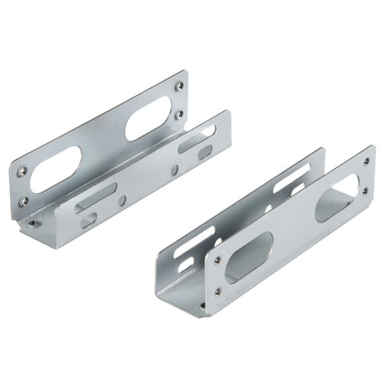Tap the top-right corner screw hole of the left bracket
(180, 85)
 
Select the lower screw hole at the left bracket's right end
(179, 114)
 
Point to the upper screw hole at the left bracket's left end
(23, 171)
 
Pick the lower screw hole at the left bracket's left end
(24, 200)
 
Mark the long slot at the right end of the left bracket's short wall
(196, 139)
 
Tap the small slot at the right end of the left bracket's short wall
(205, 152)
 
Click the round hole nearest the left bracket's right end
(175, 169)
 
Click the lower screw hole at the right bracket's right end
(365, 191)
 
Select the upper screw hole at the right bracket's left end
(217, 261)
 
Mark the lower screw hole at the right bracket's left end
(217, 291)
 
